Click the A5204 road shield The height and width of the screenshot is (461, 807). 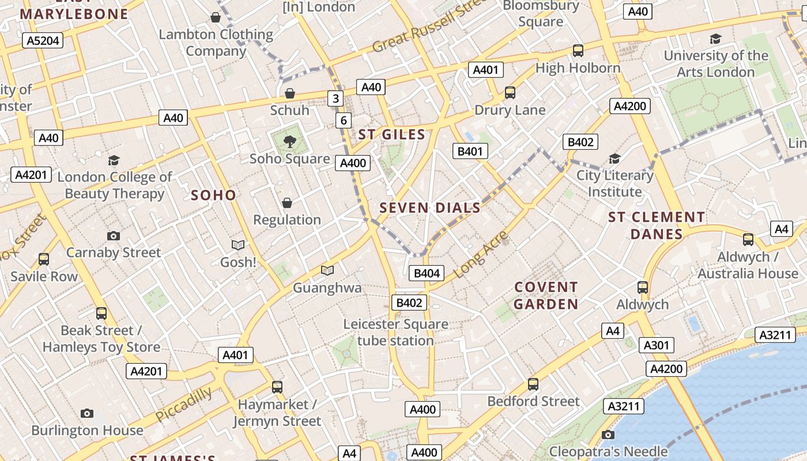click(x=43, y=40)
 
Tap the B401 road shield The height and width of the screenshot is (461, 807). click(x=470, y=151)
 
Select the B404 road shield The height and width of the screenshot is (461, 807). click(x=427, y=273)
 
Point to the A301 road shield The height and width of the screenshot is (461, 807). click(x=656, y=345)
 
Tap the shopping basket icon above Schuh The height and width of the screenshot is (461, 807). click(x=290, y=93)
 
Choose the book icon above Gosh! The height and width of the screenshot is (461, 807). click(x=238, y=245)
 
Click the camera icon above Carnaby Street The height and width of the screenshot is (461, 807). click(x=114, y=236)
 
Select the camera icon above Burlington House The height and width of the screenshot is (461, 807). click(x=87, y=413)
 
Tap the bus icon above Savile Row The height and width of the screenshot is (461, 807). click(x=44, y=259)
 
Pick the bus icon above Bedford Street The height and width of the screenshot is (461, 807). click(x=533, y=384)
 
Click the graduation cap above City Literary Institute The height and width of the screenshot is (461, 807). click(x=615, y=158)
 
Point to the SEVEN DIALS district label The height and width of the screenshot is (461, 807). click(x=430, y=208)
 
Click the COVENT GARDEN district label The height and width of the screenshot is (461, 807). click(x=546, y=296)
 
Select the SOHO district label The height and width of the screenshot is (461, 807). click(x=213, y=195)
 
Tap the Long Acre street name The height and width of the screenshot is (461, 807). click(x=481, y=254)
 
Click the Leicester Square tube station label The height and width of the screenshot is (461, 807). click(x=395, y=332)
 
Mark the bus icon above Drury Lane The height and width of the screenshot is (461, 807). click(x=510, y=93)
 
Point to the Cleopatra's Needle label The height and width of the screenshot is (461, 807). click(x=608, y=451)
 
